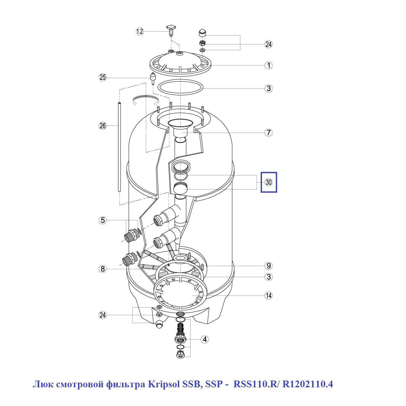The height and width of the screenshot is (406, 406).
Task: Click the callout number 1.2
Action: coord(139,32)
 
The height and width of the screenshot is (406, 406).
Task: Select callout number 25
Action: coord(103,77)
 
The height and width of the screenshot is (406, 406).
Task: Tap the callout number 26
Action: coord(103,126)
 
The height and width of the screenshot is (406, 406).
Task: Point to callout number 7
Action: coord(268,133)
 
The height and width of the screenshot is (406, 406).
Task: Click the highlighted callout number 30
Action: coord(269,182)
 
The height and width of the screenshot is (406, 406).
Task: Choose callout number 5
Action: coord(103,220)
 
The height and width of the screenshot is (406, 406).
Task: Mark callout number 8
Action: coord(103,269)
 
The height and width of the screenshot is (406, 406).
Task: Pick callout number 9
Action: coord(268,266)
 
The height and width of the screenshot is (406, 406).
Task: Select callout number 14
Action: coord(268,296)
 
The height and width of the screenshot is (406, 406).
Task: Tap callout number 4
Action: coord(205,339)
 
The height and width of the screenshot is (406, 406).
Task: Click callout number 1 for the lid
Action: coord(268,65)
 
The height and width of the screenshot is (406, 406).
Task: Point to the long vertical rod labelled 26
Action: coord(119,146)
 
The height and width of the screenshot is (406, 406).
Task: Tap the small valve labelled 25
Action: coord(153,78)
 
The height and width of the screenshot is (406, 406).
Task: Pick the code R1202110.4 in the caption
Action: coord(307,384)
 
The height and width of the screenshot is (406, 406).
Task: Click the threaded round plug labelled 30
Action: coord(180,188)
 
